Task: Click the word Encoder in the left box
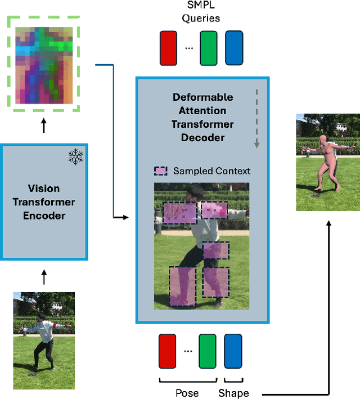(44, 216)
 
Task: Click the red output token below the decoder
(168, 351)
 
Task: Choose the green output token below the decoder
(208, 351)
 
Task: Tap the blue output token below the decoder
(233, 351)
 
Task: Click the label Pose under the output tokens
(187, 393)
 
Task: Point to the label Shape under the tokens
(233, 393)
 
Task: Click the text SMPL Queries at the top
(200, 12)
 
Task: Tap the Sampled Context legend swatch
(160, 171)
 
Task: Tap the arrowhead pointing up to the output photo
(329, 222)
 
